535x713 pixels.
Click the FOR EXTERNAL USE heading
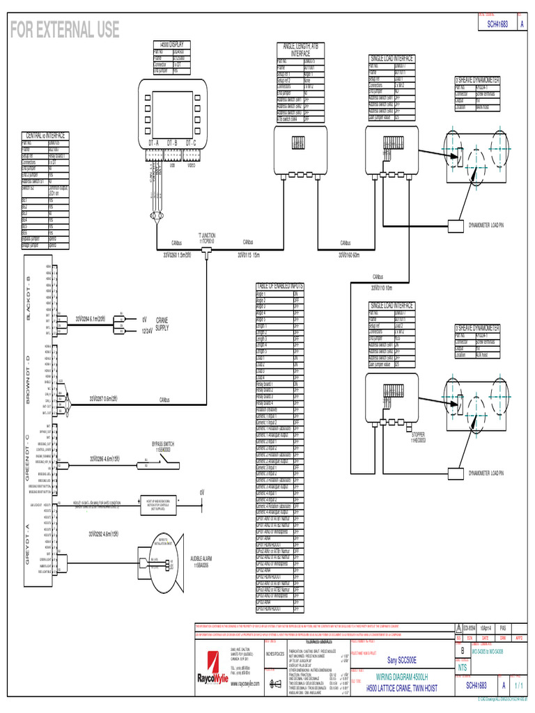coord(64,29)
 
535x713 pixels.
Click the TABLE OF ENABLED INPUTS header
coord(279,286)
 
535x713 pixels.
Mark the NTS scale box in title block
coord(461,667)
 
